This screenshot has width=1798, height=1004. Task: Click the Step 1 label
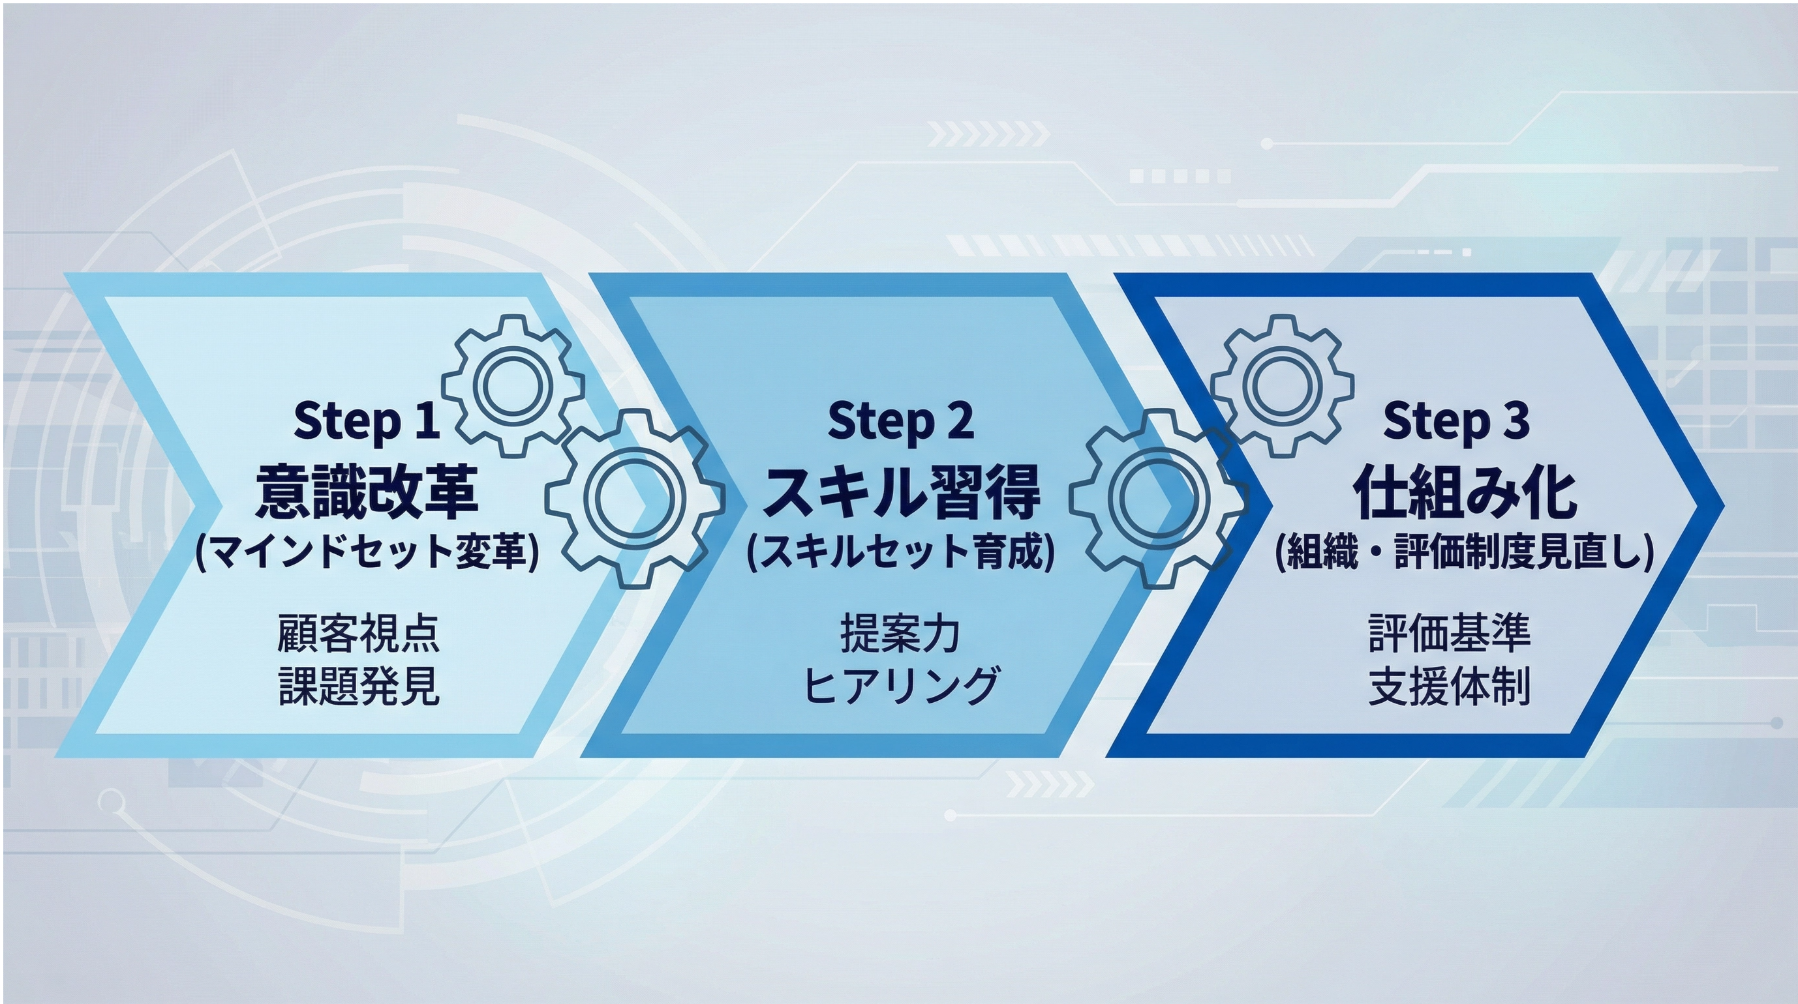(367, 421)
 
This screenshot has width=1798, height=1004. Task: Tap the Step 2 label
(900, 421)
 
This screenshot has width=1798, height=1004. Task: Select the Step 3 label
(1456, 421)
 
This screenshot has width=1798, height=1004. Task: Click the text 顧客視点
(358, 634)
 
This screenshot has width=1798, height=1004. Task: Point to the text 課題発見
(359, 686)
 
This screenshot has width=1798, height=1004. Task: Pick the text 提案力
(900, 634)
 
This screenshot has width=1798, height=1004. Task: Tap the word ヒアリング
(900, 686)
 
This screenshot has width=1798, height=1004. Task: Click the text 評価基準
(1450, 634)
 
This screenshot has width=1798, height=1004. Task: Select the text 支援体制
(1450, 686)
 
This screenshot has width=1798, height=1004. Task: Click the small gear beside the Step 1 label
(512, 386)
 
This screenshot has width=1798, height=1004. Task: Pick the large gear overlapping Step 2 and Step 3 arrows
(1159, 498)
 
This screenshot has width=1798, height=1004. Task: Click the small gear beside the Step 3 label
(1282, 386)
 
